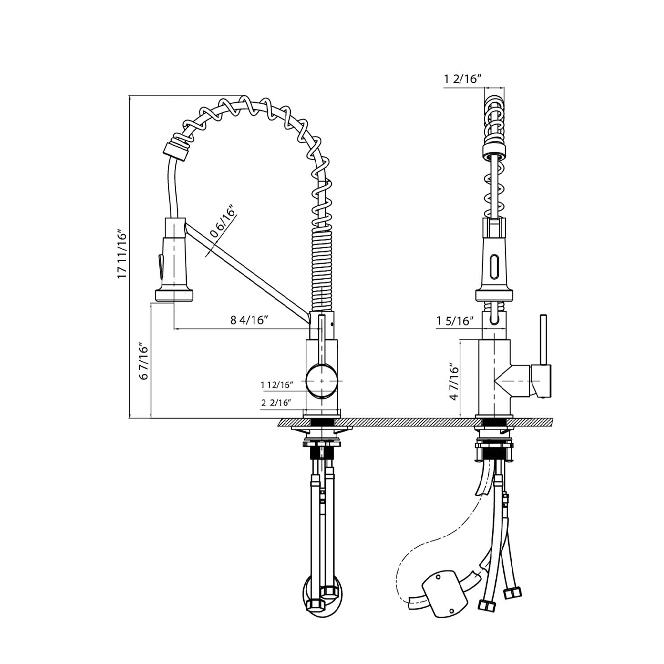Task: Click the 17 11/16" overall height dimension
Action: point(122,254)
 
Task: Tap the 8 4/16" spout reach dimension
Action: point(249,320)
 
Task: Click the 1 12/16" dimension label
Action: point(277,385)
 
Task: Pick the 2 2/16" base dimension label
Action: point(276,403)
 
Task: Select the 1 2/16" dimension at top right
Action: point(463,79)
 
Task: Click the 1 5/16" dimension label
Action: point(455,320)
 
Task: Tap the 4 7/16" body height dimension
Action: point(454,382)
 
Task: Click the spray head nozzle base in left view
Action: point(174,294)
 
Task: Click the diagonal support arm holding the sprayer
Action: point(248,272)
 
